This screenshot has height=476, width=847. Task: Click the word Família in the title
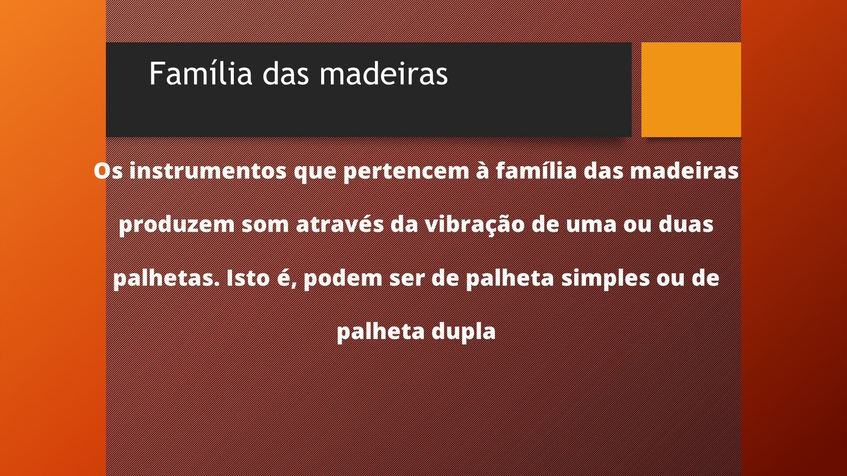(x=201, y=73)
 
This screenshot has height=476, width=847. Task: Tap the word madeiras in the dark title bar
(x=384, y=73)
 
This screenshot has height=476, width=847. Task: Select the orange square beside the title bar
(x=691, y=89)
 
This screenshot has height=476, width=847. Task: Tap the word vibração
(x=475, y=225)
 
